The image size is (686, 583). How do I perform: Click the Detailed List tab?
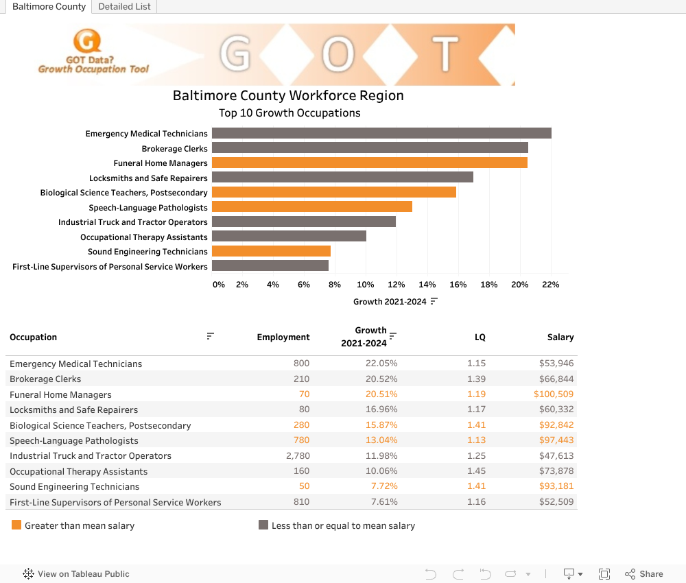tap(125, 7)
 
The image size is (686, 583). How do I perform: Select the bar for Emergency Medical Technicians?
tap(381, 133)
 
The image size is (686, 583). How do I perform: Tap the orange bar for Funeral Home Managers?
tap(369, 163)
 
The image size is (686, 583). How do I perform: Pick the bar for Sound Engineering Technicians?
tap(271, 251)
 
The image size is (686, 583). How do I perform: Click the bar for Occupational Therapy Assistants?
tap(289, 236)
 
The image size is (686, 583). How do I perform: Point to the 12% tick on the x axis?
tap(396, 285)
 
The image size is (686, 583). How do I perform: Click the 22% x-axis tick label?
tap(550, 285)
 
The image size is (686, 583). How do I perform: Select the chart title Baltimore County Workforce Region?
tap(288, 95)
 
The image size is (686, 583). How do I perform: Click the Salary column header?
tap(560, 337)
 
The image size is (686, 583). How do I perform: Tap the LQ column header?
tap(480, 337)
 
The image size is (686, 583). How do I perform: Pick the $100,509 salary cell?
tap(554, 394)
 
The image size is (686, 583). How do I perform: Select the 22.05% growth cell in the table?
tap(381, 364)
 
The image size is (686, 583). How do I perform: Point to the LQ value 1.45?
tap(476, 471)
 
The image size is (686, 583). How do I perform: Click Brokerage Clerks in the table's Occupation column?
tap(45, 379)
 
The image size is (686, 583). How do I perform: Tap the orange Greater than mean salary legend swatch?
tap(16, 525)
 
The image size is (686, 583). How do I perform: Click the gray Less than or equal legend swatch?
tap(263, 525)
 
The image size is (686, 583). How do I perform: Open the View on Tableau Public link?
tap(83, 574)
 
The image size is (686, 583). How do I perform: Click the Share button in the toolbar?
tap(644, 574)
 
